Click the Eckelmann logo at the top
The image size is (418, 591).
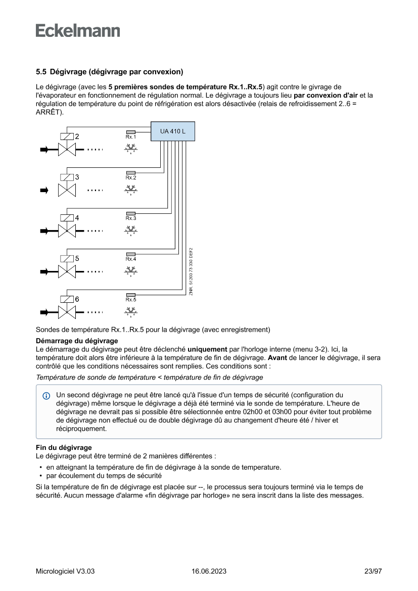tap(78, 31)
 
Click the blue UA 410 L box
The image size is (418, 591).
tap(172, 131)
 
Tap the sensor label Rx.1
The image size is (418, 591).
tap(131, 137)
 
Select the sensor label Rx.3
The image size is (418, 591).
tap(131, 218)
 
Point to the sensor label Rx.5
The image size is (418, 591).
tap(131, 299)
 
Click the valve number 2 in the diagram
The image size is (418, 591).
tap(77, 137)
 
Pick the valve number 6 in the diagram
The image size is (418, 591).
tap(77, 299)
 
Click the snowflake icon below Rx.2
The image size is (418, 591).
tap(131, 190)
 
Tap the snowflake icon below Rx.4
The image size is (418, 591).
tap(131, 270)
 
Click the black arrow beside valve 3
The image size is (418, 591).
tap(44, 190)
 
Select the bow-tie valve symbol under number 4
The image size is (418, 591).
tap(66, 231)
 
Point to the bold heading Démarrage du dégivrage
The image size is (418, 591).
tap(77, 341)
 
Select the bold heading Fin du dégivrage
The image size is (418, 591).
tap(64, 447)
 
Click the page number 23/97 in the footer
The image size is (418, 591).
tap(373, 572)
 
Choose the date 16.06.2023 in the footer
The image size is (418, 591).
tap(209, 572)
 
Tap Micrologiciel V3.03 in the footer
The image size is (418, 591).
tap(65, 572)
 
